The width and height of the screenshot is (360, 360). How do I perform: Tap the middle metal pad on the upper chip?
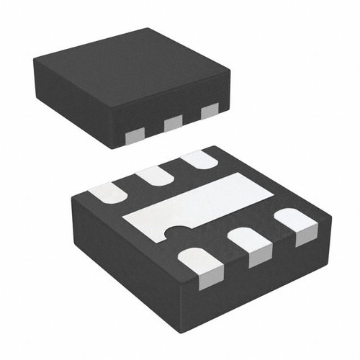pyautogui.click(x=174, y=124)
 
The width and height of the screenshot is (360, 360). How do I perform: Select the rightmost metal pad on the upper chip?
pyautogui.click(x=210, y=112)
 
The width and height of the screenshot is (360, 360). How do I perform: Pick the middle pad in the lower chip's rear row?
pyautogui.click(x=153, y=176)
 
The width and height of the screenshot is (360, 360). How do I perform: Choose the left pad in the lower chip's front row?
pyautogui.click(x=199, y=264)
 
